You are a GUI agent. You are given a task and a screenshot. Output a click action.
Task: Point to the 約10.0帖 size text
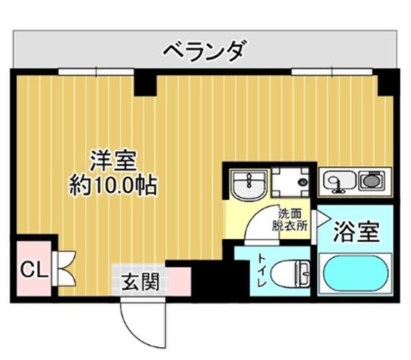point(114,186)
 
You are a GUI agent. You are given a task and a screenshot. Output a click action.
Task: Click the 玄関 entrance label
point(140,281)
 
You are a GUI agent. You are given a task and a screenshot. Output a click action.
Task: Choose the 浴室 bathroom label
point(356,232)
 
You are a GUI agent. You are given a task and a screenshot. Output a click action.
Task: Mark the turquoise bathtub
point(354,274)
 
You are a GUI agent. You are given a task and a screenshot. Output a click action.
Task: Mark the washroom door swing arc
point(263,225)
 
